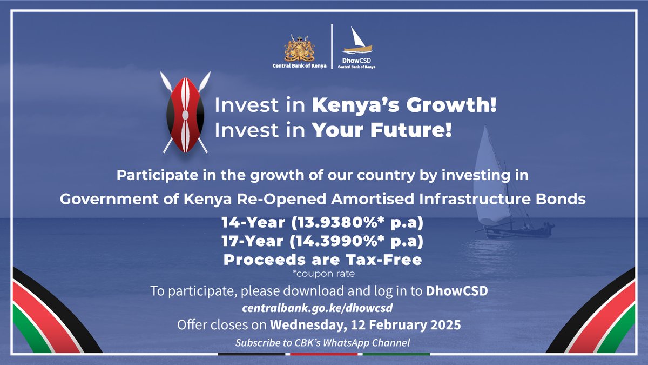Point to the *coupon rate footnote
click(323, 274)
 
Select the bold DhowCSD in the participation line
click(457, 291)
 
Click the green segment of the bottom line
click(396, 354)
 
